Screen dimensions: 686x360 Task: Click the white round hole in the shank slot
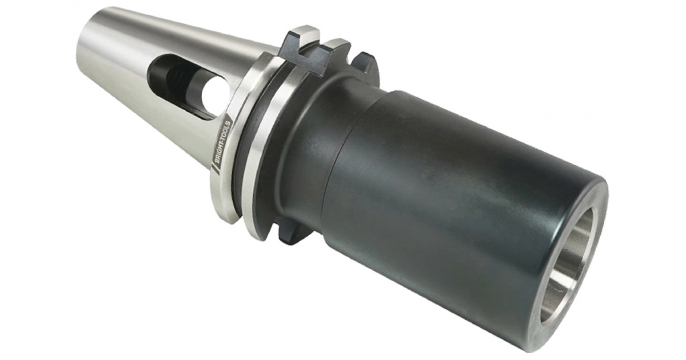[x=215, y=91]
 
